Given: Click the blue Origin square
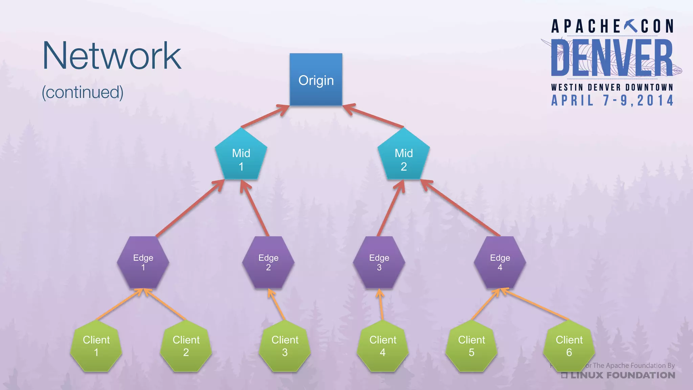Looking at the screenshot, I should pyautogui.click(x=316, y=80).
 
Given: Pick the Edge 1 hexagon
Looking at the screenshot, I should pyautogui.click(x=143, y=262).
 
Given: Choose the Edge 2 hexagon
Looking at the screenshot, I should pyautogui.click(x=268, y=262).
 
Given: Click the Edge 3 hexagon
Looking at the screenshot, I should pyautogui.click(x=379, y=262).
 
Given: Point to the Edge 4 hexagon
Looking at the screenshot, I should pyautogui.click(x=500, y=262).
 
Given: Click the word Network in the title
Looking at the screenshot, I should pyautogui.click(x=112, y=56).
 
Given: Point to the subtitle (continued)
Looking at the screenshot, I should pyautogui.click(x=83, y=92).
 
